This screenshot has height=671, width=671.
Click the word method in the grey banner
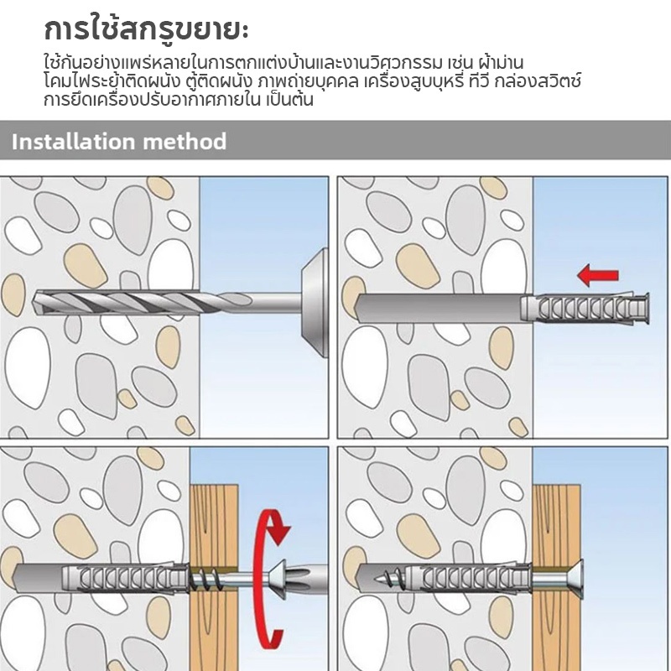(x=185, y=141)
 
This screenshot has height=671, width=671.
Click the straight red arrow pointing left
(x=598, y=275)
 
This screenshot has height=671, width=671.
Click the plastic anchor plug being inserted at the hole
(x=585, y=309)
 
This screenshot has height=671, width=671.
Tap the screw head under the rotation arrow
(x=278, y=578)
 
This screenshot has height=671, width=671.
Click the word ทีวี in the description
(x=478, y=81)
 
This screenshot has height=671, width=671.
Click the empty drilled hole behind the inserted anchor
(x=439, y=309)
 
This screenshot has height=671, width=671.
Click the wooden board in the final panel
(x=556, y=578)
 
